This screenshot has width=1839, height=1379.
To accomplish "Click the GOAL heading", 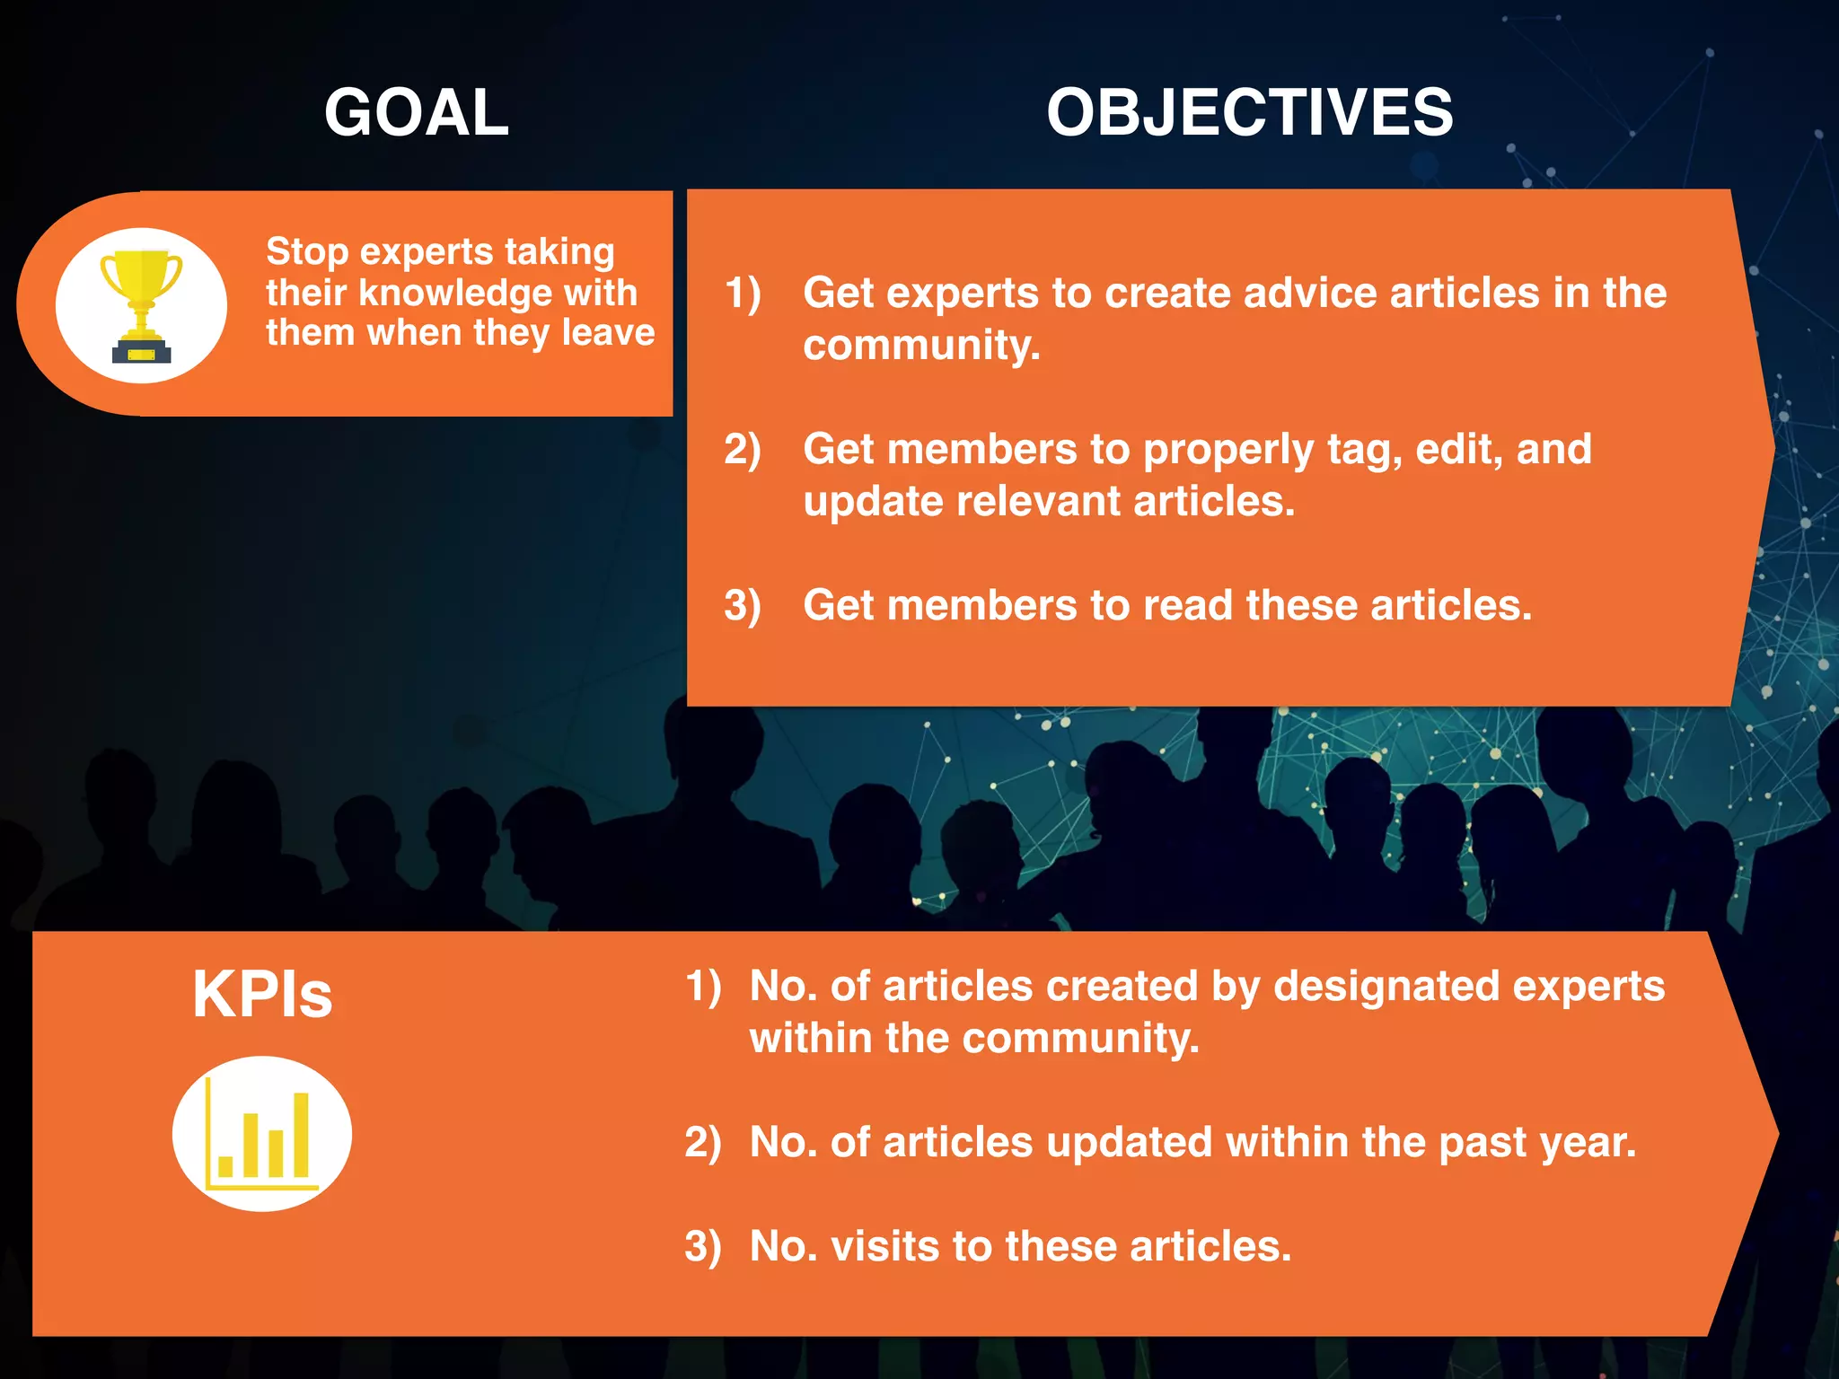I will coord(416,113).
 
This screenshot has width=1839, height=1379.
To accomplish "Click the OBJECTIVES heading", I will coord(1249,113).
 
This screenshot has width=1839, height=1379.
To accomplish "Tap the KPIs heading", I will coord(262,995).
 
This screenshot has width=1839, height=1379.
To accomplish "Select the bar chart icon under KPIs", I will coord(261,1134).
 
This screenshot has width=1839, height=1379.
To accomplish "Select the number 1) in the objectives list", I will coord(743,294).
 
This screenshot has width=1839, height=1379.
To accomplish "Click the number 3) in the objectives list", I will coord(743,606).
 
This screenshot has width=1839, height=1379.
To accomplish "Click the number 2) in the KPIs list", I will coord(702,1143).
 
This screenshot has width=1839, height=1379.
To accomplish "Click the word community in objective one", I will coord(919,346).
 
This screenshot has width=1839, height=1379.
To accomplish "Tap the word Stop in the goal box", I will coord(306,252).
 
